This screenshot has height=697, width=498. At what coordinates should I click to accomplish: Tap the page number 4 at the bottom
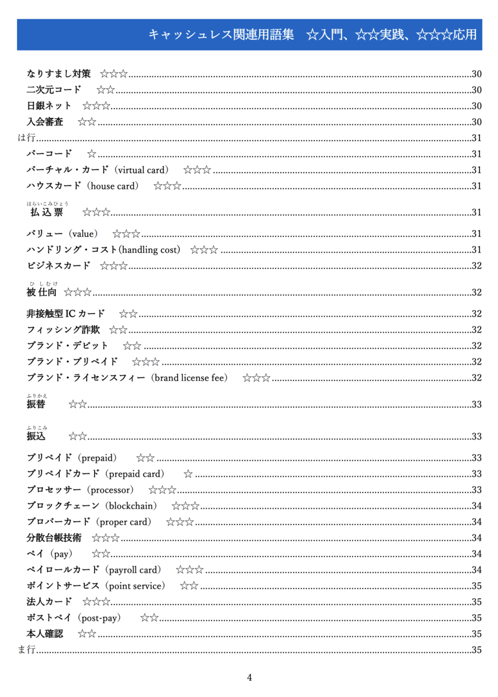pos(249,677)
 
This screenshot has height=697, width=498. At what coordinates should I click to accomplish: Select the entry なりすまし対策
pos(59,74)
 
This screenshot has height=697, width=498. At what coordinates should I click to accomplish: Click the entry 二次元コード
pos(54,89)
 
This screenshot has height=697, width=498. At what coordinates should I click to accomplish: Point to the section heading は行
pos(27,138)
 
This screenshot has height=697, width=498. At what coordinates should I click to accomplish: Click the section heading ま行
pos(27,650)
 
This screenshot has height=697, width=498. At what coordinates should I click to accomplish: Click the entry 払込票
pos(46,213)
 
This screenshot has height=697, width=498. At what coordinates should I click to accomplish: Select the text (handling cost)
pos(149,250)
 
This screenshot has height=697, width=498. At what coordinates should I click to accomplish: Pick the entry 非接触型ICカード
pos(66,314)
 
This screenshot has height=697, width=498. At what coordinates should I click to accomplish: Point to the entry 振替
pos(36,404)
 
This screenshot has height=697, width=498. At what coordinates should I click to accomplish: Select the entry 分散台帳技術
pos(54,538)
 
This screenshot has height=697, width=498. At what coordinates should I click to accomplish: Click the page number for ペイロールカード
pos(476,570)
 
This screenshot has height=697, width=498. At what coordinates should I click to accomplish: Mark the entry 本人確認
pos(45,634)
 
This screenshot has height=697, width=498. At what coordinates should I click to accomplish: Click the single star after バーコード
pos(91,154)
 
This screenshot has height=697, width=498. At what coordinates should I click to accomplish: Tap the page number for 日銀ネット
pos(476,106)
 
